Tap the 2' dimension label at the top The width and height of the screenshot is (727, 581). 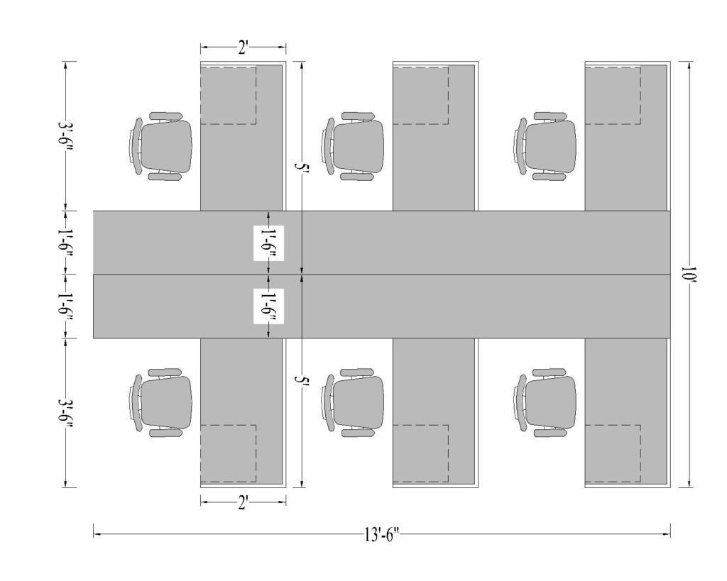coord(243,48)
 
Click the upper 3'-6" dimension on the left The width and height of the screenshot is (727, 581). coord(66,136)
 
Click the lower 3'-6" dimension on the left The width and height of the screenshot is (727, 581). coord(66,412)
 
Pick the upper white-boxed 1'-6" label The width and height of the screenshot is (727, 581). coord(268,243)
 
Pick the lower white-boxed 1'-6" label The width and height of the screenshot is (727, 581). coord(268,306)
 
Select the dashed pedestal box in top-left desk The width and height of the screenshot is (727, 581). coord(228,95)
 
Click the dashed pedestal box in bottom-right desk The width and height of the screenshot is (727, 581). coord(612,453)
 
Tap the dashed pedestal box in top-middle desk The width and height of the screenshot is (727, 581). coord(420,95)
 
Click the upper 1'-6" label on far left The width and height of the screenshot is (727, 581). coord(66,243)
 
